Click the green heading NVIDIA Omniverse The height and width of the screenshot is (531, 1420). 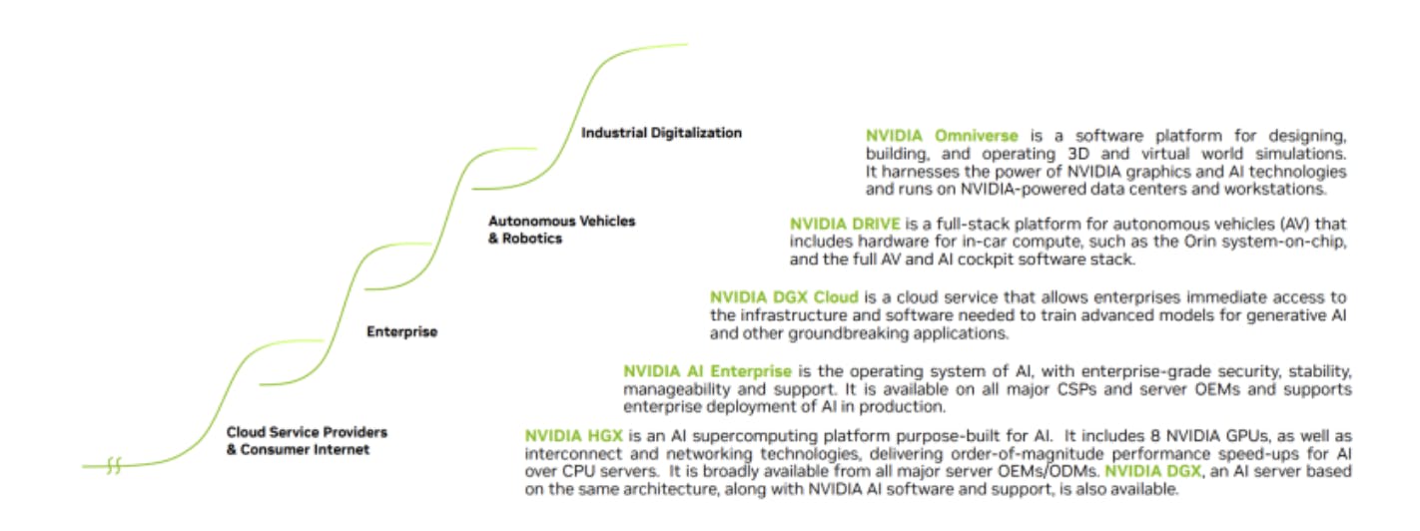pyautogui.click(x=942, y=136)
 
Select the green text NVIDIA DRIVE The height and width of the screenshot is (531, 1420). pyautogui.click(x=845, y=224)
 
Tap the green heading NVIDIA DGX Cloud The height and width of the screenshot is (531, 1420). pyautogui.click(x=784, y=297)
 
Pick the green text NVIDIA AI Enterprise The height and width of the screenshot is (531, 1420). pyautogui.click(x=707, y=370)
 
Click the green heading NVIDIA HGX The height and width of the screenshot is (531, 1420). pyautogui.click(x=573, y=436)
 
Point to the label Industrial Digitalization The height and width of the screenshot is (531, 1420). pyautogui.click(x=661, y=133)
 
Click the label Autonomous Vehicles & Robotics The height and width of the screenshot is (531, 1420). pyautogui.click(x=561, y=230)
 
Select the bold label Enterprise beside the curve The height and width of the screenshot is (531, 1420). pyautogui.click(x=401, y=331)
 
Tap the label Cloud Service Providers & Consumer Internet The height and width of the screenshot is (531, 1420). pyautogui.click(x=307, y=440)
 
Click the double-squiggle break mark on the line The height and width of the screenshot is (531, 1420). pyautogui.click(x=114, y=466)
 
